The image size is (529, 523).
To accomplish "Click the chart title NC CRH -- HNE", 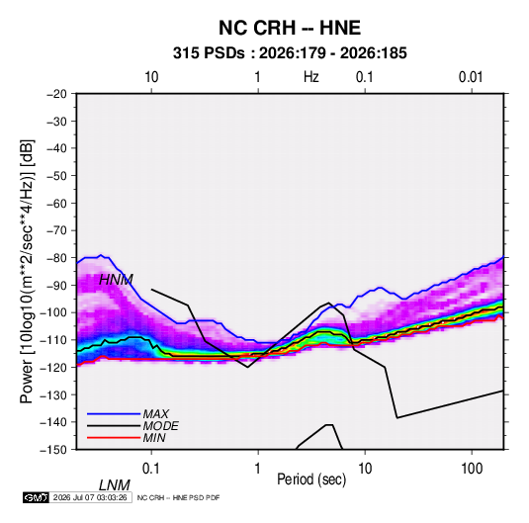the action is point(290,28).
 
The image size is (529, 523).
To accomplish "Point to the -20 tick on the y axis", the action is point(56,94).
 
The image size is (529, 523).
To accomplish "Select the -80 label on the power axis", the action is point(56,258).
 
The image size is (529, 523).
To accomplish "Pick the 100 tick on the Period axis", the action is point(472,469).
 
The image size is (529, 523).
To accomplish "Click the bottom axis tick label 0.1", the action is point(151,469).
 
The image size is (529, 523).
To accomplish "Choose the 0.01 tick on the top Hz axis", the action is point(471,77).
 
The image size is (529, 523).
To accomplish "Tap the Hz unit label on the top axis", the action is point(311,77).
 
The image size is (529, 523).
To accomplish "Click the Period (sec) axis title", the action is point(311,479).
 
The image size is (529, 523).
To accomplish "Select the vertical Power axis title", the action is point(27,272).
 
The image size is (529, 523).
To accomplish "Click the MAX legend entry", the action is point(155,413).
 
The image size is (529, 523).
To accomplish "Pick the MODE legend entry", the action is point(160,426).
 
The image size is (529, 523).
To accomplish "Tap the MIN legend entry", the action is point(154,438).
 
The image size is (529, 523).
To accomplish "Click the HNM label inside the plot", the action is point(116,280).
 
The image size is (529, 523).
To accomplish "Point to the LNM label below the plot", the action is point(115,485).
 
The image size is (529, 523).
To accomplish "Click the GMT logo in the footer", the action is point(37,497).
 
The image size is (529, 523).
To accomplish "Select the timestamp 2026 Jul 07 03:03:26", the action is point(90,497).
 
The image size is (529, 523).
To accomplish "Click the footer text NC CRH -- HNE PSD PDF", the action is point(178,497).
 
